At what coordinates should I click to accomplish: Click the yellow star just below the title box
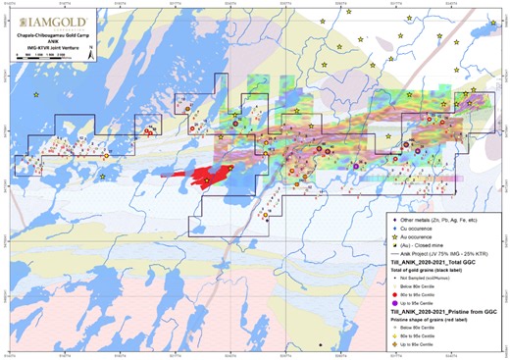(36, 94)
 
